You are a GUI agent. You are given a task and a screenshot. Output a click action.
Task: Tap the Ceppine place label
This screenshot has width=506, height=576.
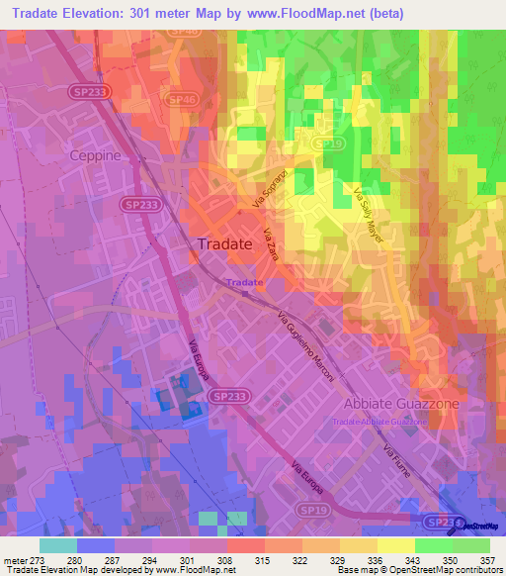[96, 155]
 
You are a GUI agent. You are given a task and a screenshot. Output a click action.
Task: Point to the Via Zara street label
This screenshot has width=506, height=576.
[274, 244]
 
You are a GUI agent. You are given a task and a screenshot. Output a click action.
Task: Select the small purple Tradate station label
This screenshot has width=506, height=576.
[244, 282]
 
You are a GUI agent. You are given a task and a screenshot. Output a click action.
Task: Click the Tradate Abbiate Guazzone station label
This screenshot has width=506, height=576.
[380, 422]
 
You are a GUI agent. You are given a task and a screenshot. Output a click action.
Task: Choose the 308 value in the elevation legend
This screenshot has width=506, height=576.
[226, 560]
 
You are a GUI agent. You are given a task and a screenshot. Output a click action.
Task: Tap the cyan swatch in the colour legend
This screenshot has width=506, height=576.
[58, 545]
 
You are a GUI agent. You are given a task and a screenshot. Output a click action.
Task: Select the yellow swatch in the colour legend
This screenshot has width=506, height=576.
[396, 545]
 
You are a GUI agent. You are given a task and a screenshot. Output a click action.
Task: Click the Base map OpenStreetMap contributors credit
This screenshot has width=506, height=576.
[418, 570]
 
